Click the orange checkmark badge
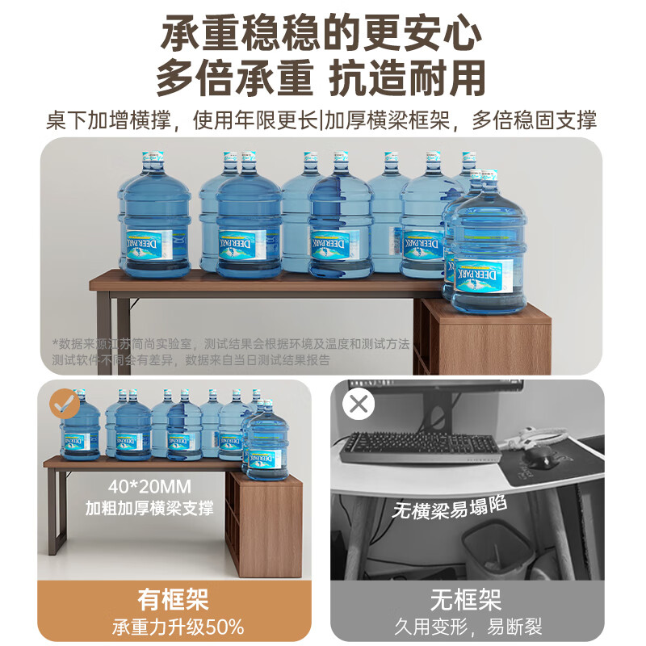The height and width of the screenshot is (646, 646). [x=65, y=404]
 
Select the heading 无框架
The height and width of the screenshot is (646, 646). [x=467, y=599]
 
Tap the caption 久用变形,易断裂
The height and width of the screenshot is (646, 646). [x=467, y=627]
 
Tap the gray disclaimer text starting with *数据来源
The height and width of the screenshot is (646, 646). [x=234, y=351]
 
